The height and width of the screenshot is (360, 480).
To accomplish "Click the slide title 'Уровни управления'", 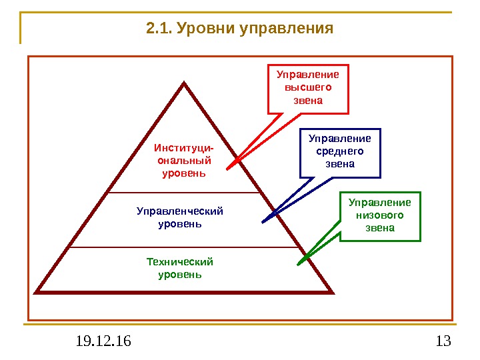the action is (254, 29).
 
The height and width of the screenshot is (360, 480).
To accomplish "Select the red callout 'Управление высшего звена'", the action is (308, 88).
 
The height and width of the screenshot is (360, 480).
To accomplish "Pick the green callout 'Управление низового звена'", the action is (380, 215).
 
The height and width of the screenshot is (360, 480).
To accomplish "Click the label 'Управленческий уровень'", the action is (180, 218).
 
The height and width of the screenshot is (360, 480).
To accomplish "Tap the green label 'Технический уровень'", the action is (180, 268).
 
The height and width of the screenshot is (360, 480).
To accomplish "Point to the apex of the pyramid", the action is (184, 84).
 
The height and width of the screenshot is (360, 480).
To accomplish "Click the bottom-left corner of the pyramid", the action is (37, 291).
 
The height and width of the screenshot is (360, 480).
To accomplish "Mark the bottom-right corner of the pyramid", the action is (331, 291).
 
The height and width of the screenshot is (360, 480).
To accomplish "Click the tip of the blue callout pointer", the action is (263, 221).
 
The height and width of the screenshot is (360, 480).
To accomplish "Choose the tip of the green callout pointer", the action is (299, 264).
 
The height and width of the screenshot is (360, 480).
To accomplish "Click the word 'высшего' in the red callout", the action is (308, 88).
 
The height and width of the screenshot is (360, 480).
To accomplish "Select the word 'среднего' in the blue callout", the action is (340, 151).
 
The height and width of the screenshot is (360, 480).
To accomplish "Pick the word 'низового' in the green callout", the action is (380, 215).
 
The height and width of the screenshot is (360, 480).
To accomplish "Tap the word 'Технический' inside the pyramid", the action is (180, 262).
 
